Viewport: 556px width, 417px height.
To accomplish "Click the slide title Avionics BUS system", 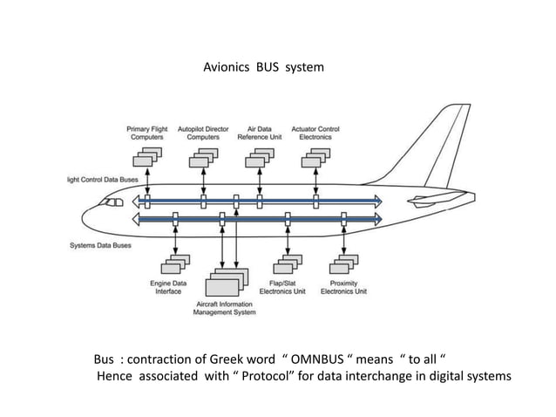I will point(262,66).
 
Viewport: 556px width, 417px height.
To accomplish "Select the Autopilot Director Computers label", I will point(203,133).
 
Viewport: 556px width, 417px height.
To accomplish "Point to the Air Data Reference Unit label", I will point(260,133).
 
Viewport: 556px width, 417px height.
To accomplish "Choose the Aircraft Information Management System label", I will point(224,307).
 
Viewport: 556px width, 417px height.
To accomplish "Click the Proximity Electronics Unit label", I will point(343,287).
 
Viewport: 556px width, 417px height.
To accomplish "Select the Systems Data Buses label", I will point(101,245).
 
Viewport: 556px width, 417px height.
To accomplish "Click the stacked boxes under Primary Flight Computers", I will point(146,158).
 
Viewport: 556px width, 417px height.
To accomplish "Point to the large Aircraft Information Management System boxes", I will point(226,281).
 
